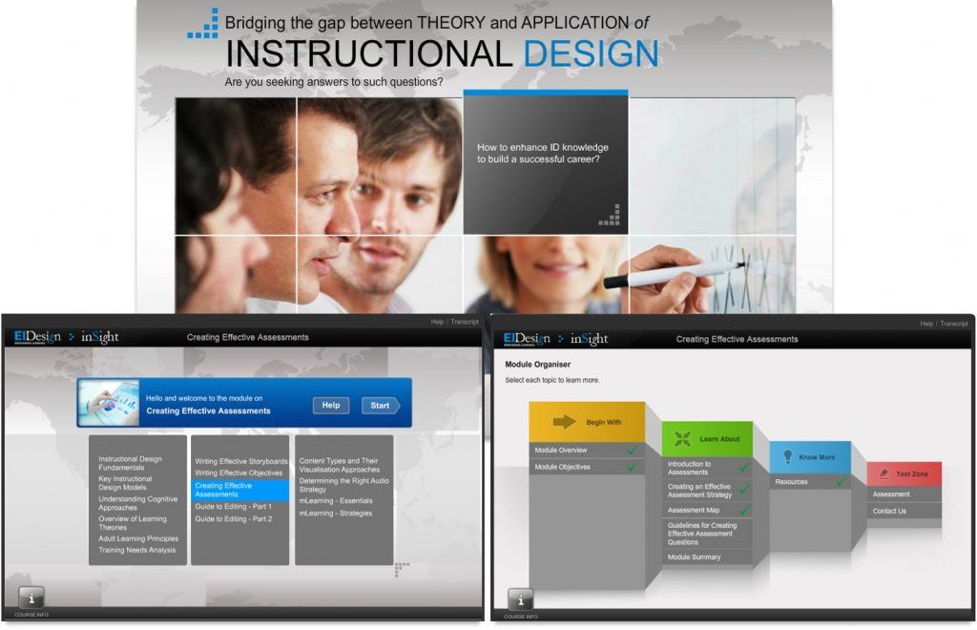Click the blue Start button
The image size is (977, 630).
tap(380, 406)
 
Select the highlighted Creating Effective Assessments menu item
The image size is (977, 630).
tap(239, 490)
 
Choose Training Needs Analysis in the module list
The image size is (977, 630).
tap(137, 550)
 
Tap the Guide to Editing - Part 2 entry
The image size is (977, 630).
tap(234, 519)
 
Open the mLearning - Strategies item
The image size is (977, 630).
tap(336, 514)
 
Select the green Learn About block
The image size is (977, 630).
tap(707, 439)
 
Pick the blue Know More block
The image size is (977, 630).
tap(809, 457)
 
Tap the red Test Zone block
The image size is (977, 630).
tap(904, 474)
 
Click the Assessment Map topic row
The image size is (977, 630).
tap(694, 511)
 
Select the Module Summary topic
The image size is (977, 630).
tap(695, 557)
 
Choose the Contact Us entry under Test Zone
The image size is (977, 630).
tap(889, 512)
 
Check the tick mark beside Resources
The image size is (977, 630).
tap(841, 482)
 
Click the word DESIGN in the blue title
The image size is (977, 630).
tap(591, 53)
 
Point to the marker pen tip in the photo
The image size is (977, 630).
tap(609, 283)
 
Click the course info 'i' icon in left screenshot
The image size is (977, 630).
tap(31, 598)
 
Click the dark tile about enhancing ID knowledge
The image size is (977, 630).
tap(545, 162)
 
